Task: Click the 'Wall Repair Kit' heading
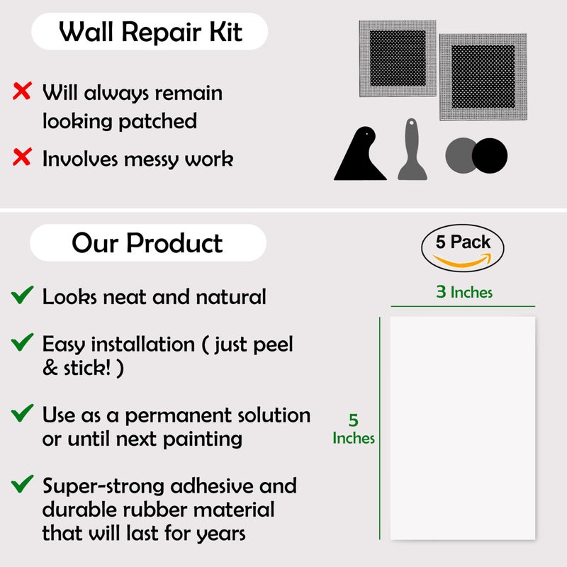point(150,32)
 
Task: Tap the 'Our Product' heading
point(147,242)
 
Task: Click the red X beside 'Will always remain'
point(22,91)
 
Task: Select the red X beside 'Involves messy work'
point(22,157)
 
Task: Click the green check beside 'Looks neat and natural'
point(22,295)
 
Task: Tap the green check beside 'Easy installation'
point(22,342)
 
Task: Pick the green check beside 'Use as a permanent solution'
point(22,413)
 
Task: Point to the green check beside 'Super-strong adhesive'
point(22,484)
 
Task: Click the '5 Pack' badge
point(463,247)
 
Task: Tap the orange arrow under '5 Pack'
point(463,260)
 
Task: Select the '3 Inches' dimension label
point(464,292)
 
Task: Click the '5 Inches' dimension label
point(353,429)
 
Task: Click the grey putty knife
point(412,150)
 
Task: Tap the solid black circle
point(490,155)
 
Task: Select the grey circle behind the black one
point(459,155)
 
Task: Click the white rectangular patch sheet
point(463,428)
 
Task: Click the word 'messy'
point(152,159)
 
